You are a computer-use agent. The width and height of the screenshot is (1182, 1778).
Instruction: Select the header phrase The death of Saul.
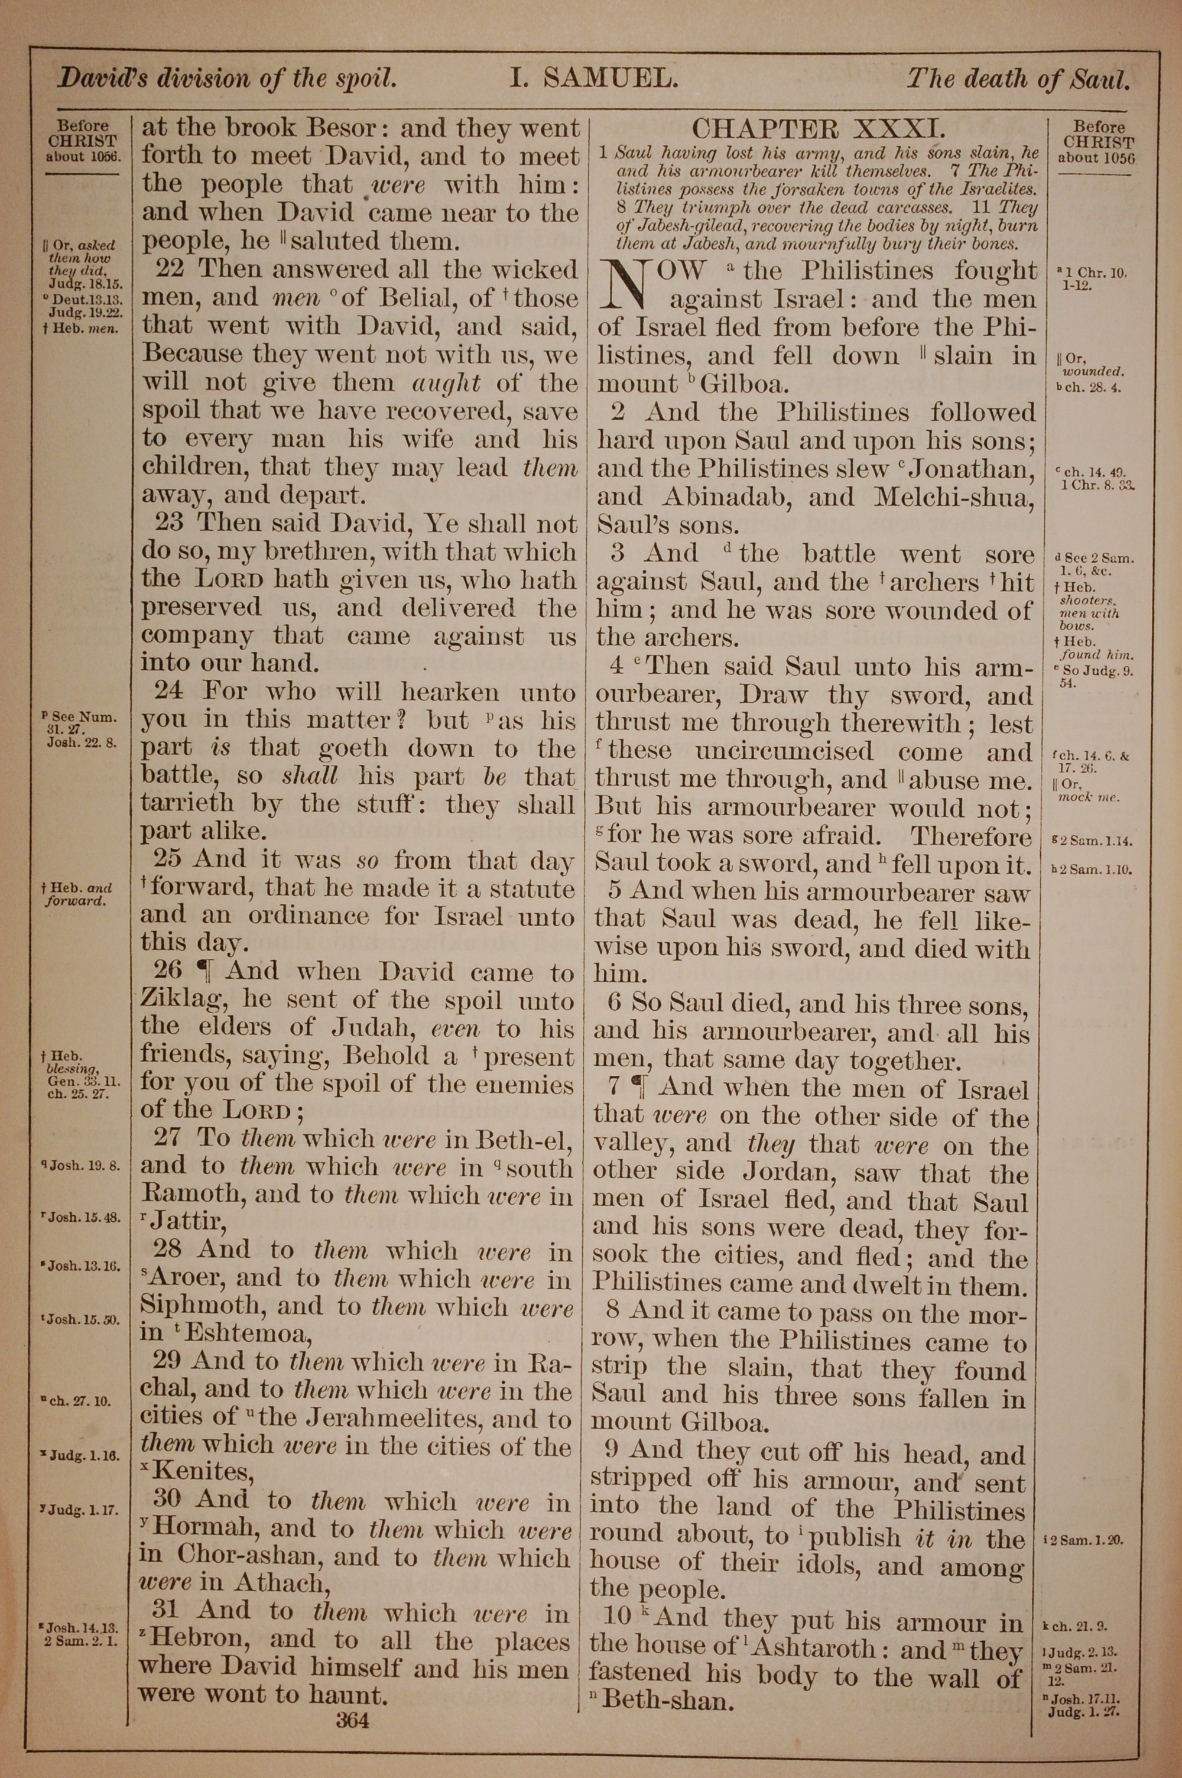[x=1018, y=79]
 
